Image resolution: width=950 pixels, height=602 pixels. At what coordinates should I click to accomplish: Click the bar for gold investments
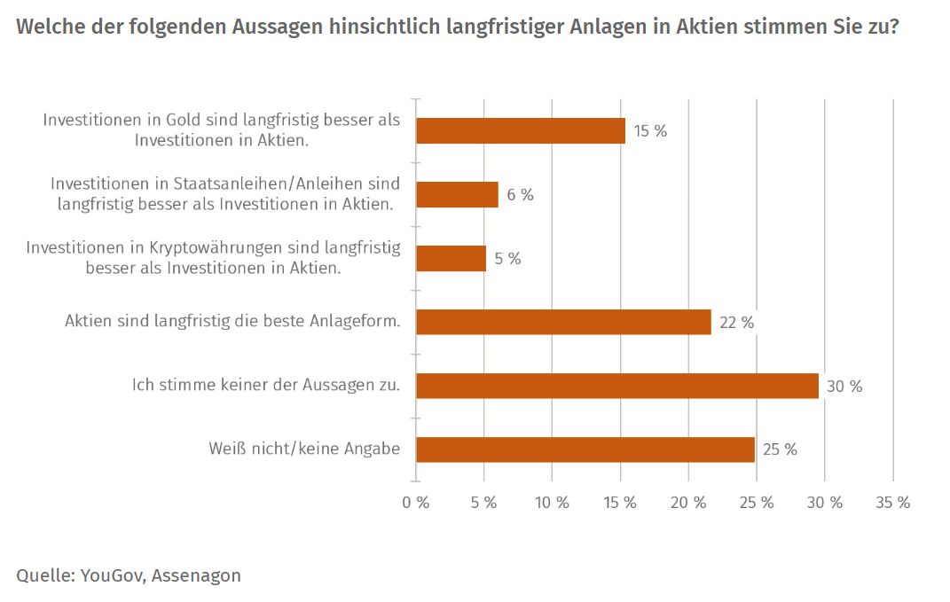coord(520,131)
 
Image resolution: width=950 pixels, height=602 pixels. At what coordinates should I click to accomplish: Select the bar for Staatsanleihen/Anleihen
coord(457,194)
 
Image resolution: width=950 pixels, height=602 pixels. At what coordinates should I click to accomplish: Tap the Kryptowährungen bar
coord(451,259)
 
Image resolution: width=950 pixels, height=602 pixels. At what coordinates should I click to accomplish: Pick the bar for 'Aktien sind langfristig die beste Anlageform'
coord(563,322)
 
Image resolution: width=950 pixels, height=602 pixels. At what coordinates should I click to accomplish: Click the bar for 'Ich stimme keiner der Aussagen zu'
coord(616,386)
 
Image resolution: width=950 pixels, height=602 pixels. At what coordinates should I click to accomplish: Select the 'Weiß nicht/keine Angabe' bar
coord(585,450)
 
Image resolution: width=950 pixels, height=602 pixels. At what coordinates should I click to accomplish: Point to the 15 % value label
coord(650,131)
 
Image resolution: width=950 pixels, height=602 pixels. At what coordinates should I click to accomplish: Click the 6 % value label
coord(520,195)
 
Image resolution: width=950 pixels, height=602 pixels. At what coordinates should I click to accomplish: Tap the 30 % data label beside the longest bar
coord(844,387)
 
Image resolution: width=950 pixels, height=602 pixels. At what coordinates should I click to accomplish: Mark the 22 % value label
coord(737,323)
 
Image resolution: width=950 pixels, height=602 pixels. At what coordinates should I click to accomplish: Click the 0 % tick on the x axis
coord(415,503)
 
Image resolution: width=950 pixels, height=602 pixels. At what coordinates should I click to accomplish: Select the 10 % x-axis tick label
coord(552,503)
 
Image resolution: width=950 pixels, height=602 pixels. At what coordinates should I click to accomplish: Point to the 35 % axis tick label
coord(892,503)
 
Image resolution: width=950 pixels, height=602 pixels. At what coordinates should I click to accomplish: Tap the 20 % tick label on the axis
coord(688,503)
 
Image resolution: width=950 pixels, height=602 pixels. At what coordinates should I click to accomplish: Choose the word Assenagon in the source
coord(196,575)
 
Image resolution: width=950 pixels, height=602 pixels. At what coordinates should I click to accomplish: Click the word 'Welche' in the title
coord(45,27)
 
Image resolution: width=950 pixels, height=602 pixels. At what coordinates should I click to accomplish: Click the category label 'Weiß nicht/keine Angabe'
coord(304,450)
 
